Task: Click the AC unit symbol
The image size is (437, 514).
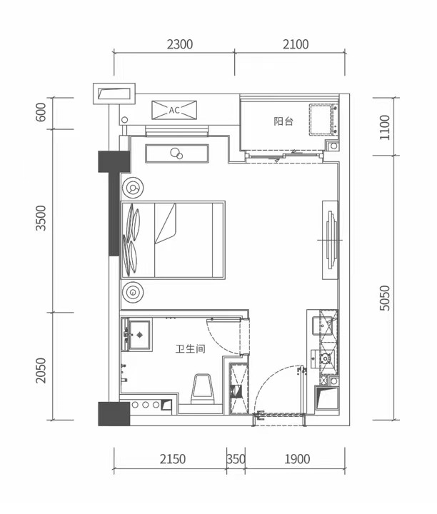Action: [174, 110]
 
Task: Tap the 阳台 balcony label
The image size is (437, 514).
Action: [283, 121]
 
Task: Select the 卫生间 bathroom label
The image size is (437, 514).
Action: [190, 348]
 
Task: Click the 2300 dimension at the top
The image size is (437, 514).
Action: [180, 44]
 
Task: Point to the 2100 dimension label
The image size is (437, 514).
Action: [296, 44]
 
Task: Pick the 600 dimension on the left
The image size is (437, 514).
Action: [41, 112]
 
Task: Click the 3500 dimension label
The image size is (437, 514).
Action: [41, 218]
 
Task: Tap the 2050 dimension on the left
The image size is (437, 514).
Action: [41, 371]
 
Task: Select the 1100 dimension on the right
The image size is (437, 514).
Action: [385, 128]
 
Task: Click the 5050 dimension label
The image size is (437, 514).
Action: [385, 298]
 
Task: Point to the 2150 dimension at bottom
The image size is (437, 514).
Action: [173, 459]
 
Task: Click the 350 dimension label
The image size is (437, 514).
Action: [236, 459]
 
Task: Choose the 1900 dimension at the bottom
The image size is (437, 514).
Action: [297, 459]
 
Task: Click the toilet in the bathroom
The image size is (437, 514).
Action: [203, 389]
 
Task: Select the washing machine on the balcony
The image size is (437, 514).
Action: [323, 119]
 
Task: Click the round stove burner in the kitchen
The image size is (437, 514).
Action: [326, 358]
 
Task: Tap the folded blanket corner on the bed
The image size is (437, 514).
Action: [166, 223]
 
